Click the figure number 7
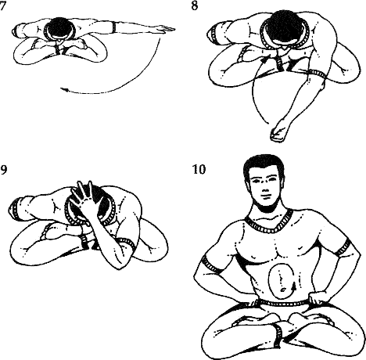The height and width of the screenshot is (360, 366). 2,5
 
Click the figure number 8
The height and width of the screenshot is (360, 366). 195,5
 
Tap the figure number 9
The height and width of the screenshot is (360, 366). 3,170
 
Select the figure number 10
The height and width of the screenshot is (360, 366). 199,169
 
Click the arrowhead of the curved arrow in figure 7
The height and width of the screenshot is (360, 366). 65,90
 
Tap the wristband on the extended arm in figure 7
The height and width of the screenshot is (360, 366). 114,27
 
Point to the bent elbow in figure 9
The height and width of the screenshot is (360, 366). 119,264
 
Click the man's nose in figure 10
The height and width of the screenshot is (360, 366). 264,189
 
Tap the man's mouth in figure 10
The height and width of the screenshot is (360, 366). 264,197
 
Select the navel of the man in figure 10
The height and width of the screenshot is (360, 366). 282,290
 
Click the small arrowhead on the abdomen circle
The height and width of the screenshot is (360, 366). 294,287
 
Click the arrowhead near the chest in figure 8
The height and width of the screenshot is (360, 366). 264,60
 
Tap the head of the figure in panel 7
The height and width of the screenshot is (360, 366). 59,28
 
